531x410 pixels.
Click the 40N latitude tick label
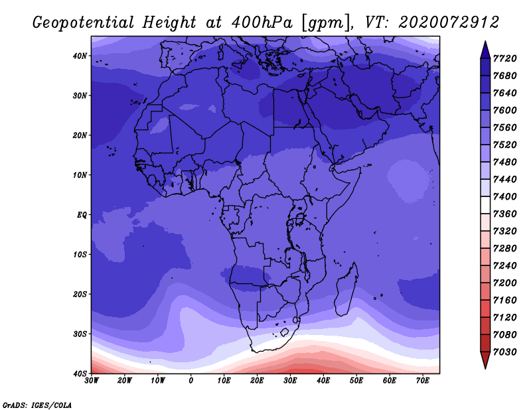tap(80, 56)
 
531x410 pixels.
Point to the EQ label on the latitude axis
tap(82, 215)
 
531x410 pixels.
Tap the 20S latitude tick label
tap(80, 294)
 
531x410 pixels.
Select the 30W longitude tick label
tap(92, 381)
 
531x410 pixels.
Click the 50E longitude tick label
tap(356, 381)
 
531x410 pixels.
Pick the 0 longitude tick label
tap(191, 381)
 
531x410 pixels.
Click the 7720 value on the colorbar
tap(505, 58)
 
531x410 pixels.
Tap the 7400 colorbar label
tap(505, 196)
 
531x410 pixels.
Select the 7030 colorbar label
tap(505, 352)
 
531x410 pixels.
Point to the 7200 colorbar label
tap(505, 283)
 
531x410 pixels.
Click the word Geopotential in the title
tap(84, 23)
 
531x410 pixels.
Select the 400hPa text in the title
tap(262, 23)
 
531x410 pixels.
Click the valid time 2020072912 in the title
tap(449, 23)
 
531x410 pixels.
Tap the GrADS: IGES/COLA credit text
tap(37, 405)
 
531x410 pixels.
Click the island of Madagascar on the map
tap(346, 290)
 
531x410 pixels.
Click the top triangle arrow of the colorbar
tap(485, 50)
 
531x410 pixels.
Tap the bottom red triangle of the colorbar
tap(485, 360)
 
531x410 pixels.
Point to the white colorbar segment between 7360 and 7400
tap(485, 205)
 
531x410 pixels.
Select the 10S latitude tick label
tap(80, 255)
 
